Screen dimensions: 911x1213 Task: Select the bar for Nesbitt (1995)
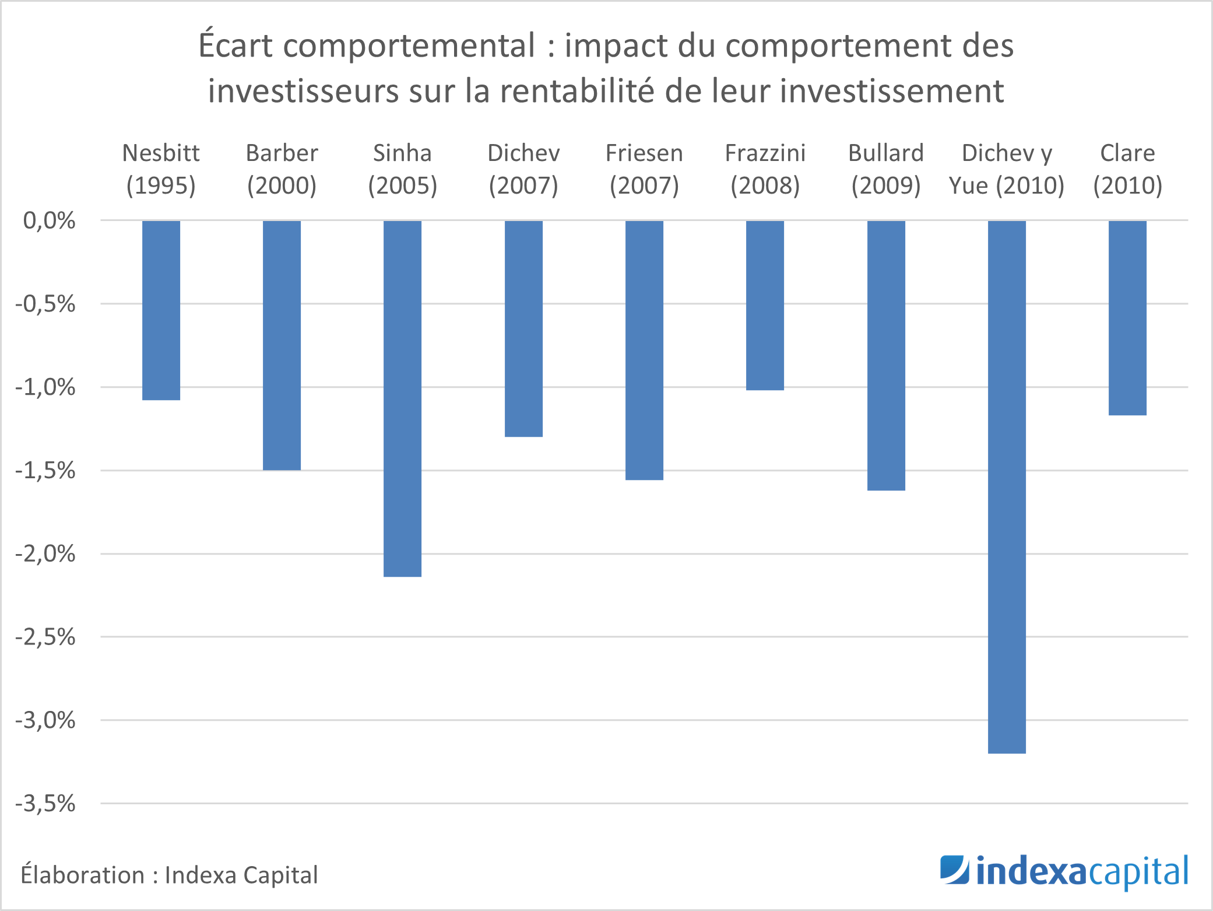(161, 310)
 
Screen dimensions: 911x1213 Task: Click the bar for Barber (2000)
(282, 345)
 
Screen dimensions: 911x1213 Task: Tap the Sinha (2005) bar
(402, 398)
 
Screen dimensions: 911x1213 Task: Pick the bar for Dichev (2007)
(523, 328)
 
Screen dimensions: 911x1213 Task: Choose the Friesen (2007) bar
(644, 350)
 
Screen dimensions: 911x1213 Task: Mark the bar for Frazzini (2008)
(765, 305)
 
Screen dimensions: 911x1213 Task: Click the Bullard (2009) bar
(886, 355)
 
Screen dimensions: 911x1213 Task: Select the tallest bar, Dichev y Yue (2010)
(1007, 487)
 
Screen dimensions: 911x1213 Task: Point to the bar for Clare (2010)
(1127, 318)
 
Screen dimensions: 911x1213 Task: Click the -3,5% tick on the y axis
(45, 804)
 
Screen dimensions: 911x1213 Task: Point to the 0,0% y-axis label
(49, 220)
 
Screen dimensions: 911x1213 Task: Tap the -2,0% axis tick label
(45, 553)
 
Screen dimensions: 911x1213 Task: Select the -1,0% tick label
(45, 387)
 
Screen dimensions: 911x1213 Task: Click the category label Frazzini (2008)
(765, 169)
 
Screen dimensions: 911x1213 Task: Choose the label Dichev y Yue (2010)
(1007, 169)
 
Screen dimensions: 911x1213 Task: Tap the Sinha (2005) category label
(402, 169)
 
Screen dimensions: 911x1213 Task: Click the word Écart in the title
(235, 45)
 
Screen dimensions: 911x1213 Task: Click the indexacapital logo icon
(954, 870)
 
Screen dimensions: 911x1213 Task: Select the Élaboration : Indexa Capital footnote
(169, 875)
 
